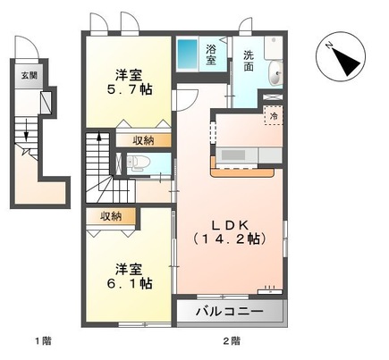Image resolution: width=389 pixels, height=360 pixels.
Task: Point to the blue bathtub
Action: point(188,54)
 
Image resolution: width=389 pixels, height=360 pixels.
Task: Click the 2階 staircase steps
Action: point(98,170)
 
